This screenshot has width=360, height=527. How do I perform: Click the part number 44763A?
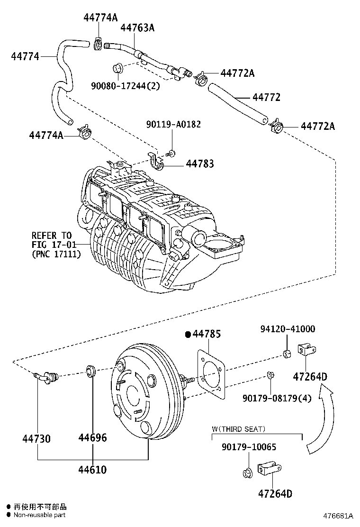click(137, 28)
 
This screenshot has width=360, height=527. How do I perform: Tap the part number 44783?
click(199, 164)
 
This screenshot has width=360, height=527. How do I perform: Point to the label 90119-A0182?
click(173, 124)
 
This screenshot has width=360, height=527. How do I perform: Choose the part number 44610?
click(92, 470)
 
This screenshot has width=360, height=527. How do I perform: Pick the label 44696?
click(92, 437)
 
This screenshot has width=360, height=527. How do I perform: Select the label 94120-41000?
click(288, 329)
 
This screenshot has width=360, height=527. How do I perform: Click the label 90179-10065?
click(249, 447)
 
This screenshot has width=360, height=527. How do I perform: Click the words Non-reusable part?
click(39, 515)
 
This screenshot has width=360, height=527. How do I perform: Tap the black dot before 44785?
click(188, 335)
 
